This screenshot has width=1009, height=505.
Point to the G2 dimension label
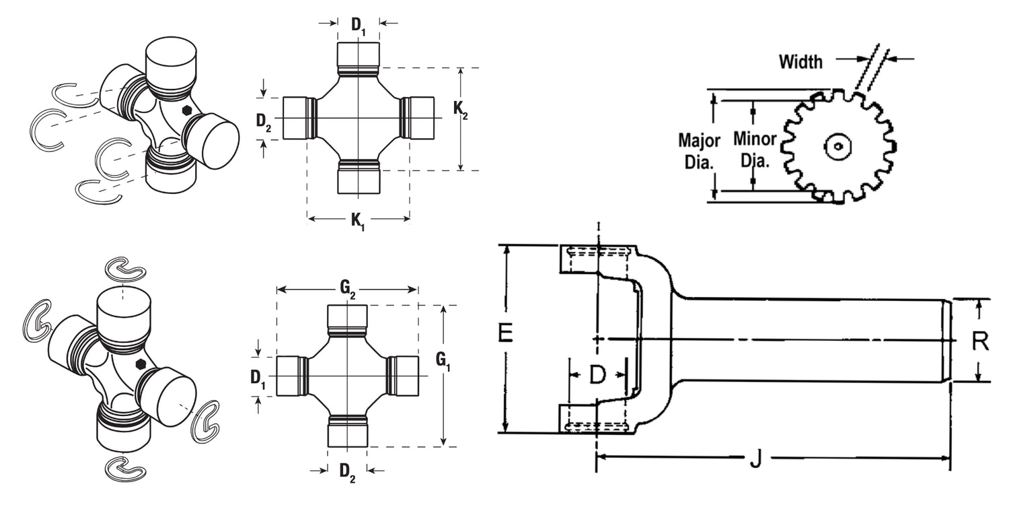point(348,289)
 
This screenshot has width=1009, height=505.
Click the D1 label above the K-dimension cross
point(359,25)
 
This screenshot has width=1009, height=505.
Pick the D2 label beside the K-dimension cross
point(264,121)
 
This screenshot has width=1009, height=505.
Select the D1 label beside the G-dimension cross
point(258,378)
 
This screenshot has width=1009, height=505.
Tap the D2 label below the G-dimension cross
point(347,471)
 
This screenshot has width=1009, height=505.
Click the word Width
point(800,62)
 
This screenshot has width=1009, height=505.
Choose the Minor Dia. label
point(754,149)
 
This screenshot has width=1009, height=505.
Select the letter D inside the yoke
point(597,375)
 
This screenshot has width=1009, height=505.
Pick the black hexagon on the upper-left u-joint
point(187,110)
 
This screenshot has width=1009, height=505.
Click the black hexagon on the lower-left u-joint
point(141,364)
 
